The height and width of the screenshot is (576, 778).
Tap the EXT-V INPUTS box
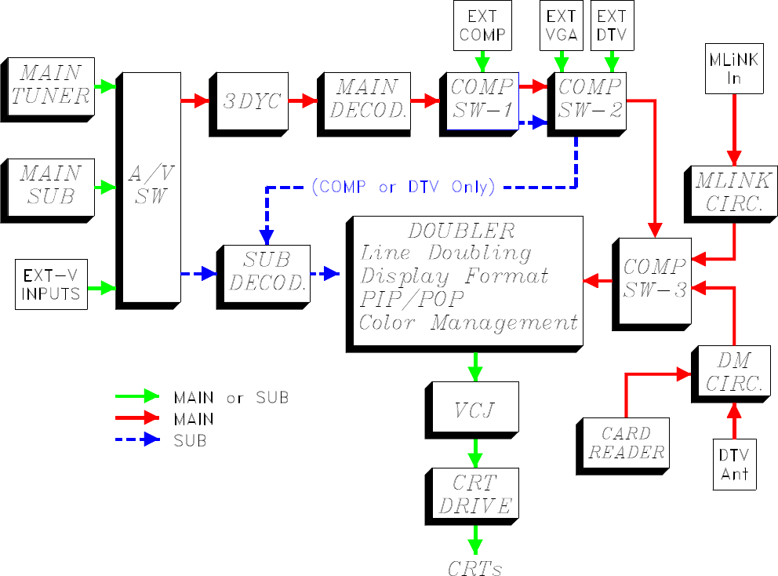pos(51,285)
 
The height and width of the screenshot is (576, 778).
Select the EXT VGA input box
pos(562,26)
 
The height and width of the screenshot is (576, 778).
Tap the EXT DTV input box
pos(611,26)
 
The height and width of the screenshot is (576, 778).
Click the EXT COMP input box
pos(482,26)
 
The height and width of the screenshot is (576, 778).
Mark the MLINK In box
pos(734,68)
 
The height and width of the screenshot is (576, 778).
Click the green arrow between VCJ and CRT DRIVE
pos(474,451)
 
